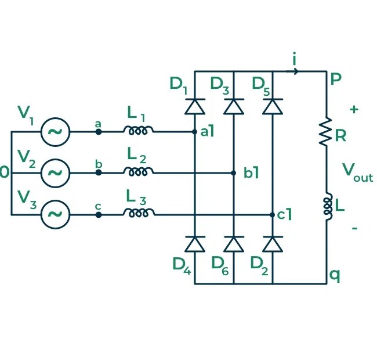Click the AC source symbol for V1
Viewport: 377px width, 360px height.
click(55, 132)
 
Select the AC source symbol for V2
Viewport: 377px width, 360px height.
click(55, 173)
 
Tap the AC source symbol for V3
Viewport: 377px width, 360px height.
click(55, 214)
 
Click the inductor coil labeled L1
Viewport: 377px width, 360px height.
click(138, 131)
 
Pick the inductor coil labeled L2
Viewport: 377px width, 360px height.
click(138, 172)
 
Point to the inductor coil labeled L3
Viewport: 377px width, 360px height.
click(138, 213)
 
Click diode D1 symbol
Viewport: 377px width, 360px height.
click(194, 106)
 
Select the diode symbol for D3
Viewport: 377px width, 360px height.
click(233, 106)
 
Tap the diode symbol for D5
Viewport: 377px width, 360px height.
click(272, 106)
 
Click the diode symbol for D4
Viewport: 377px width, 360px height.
click(194, 244)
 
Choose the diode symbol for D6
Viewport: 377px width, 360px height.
click(233, 244)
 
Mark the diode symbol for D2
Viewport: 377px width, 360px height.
click(272, 244)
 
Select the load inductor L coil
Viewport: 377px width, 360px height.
click(326, 207)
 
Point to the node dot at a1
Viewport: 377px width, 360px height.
click(194, 132)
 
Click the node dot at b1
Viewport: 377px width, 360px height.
click(233, 173)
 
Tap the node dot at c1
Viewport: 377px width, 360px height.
click(272, 214)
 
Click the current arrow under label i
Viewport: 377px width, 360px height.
click(295, 71)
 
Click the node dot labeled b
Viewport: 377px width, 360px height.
click(99, 173)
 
